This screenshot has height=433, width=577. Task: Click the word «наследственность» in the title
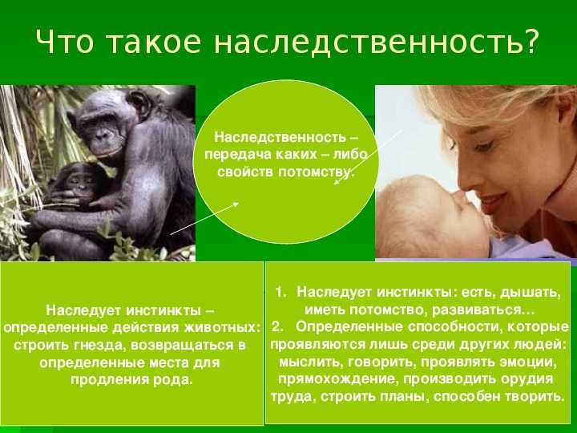click(368, 41)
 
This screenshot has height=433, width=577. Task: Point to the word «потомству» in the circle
click(316, 172)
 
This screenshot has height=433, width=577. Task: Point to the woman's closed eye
click(482, 146)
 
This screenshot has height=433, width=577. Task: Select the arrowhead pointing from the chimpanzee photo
click(235, 204)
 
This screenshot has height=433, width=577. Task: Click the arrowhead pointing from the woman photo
click(337, 181)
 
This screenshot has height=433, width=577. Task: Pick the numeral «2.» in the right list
click(278, 326)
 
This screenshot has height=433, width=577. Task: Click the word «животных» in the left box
click(221, 327)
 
